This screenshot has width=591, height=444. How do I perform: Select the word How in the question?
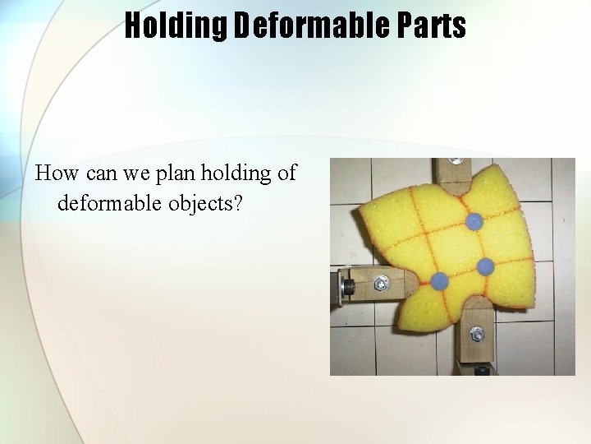(53, 174)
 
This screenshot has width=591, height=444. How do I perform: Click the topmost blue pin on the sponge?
(474, 221)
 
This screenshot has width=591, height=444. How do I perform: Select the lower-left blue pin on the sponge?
(439, 280)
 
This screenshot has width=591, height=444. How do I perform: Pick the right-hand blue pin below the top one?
(485, 266)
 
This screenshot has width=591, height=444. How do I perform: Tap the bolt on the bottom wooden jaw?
(476, 335)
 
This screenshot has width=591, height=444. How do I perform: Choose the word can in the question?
(90, 174)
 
